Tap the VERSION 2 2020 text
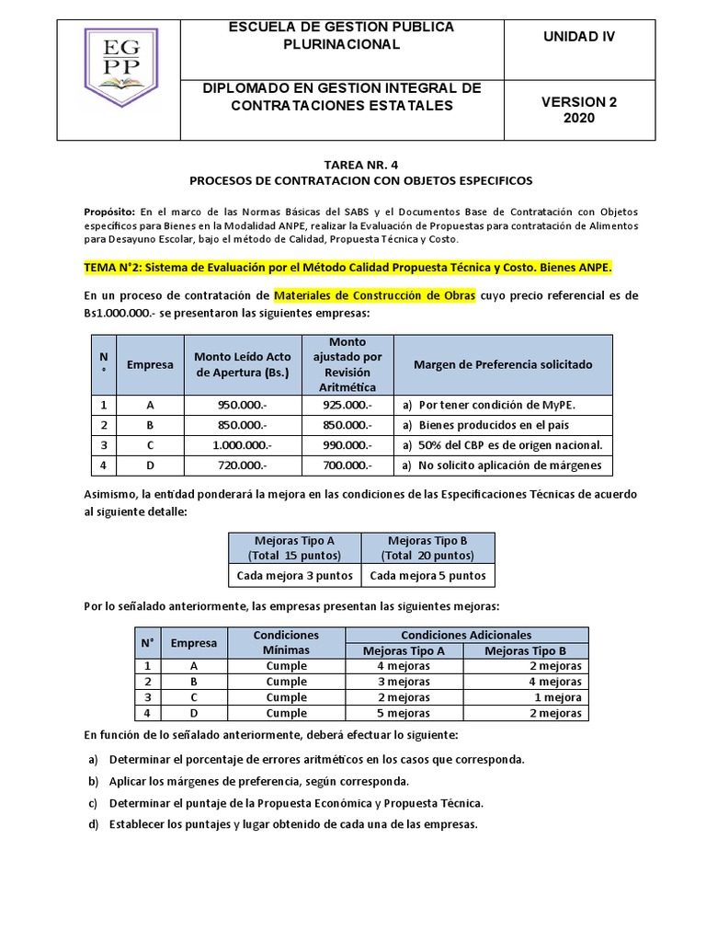[x=579, y=109]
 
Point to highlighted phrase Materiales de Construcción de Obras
[x=374, y=295]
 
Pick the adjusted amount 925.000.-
[x=347, y=405]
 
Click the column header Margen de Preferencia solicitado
[x=503, y=364]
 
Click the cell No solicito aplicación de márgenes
[x=502, y=465]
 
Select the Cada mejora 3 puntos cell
[x=294, y=576]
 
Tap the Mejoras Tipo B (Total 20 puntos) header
[x=428, y=548]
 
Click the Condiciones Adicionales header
[x=466, y=635]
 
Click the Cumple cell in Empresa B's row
[x=287, y=682]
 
